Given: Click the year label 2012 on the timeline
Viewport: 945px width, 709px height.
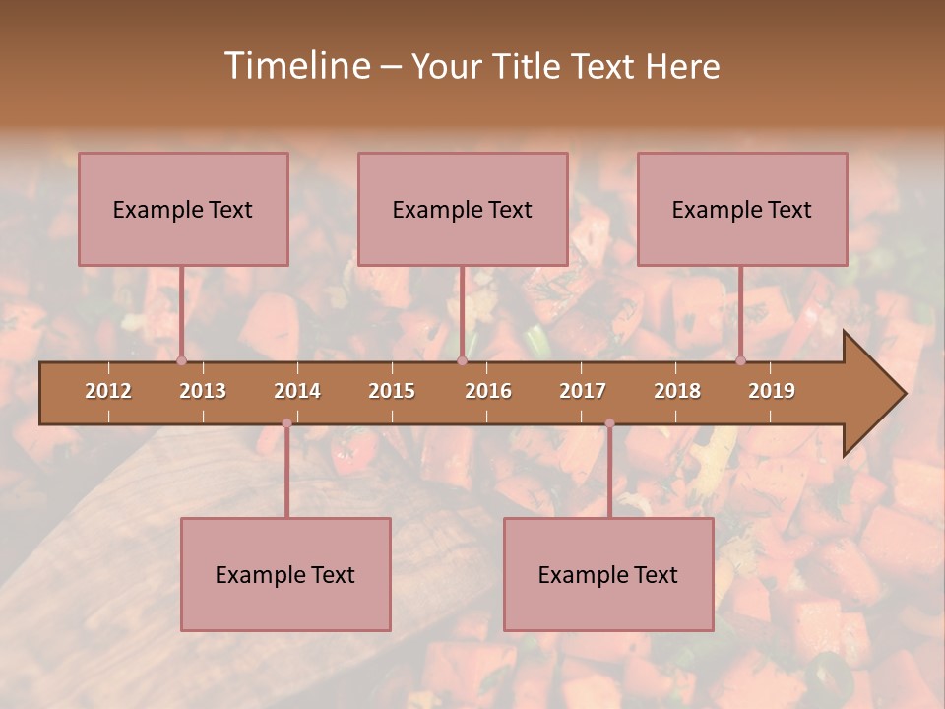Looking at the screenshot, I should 108,391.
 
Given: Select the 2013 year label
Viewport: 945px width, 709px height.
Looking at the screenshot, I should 203,391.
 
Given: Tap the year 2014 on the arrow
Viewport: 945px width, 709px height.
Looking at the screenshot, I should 297,391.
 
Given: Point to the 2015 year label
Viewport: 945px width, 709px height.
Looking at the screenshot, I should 392,391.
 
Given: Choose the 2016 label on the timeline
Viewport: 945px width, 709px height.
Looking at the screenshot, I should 488,391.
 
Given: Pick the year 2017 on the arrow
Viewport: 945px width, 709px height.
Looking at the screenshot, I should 583,391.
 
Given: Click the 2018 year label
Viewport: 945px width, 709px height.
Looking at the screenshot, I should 677,391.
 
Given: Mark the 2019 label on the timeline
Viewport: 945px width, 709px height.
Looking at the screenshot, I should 772,391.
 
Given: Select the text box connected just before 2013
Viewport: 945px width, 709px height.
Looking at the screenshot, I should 183,209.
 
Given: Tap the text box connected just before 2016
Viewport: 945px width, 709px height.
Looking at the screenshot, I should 463,209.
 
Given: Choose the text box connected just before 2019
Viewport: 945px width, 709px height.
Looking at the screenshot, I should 742,209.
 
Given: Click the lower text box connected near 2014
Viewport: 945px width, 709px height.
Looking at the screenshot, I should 285,574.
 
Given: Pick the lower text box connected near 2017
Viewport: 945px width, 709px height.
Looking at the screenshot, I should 608,574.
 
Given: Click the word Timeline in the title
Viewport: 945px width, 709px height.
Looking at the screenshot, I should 296,66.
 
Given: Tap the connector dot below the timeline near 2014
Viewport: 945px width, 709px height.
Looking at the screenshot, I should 286,423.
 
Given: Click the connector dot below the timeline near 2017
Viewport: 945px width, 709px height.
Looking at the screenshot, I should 609,423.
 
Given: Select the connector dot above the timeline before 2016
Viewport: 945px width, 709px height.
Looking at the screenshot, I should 462,361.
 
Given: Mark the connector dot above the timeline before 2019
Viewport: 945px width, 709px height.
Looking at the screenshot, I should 741,361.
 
